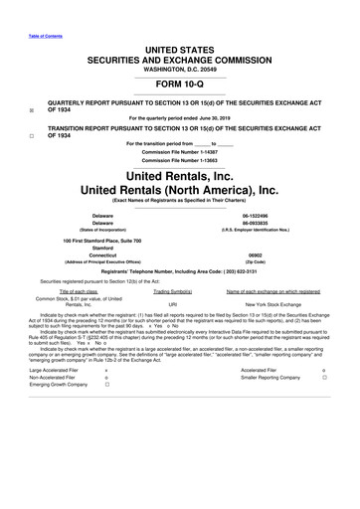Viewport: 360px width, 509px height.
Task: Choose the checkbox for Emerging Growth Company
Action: (106, 386)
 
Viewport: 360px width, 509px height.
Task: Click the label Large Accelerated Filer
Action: (55, 369)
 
